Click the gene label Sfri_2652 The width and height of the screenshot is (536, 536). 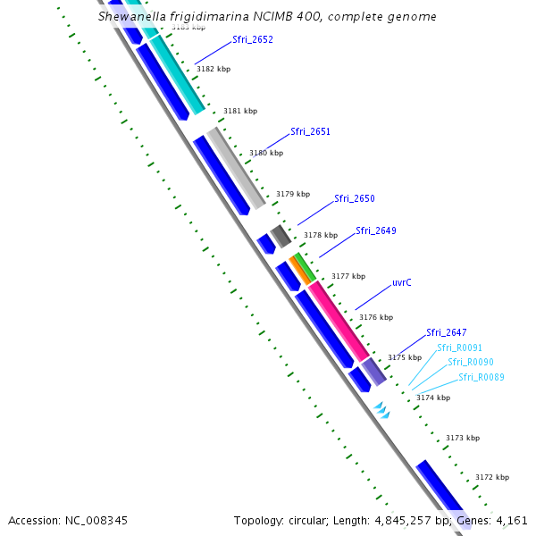pos(252,39)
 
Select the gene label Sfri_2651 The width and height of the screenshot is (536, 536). pos(310,131)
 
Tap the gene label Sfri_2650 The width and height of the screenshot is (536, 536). pos(354,198)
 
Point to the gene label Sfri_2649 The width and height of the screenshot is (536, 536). pos(375,230)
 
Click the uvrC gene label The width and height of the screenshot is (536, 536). pos(402,282)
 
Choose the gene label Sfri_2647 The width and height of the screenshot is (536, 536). pos(446,332)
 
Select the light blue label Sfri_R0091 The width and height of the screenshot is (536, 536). pos(459,348)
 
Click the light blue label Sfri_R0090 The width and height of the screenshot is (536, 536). pos(469,362)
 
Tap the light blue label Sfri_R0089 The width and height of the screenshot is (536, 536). pos(482,377)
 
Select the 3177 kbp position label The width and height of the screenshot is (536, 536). pos(348,277)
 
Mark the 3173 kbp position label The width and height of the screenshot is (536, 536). pos(462,438)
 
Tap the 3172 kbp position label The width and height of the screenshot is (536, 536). pos(491,477)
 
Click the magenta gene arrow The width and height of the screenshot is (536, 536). pos(339,321)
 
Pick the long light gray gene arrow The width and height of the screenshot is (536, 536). pos(236,169)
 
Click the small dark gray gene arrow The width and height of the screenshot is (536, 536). pos(281,236)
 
